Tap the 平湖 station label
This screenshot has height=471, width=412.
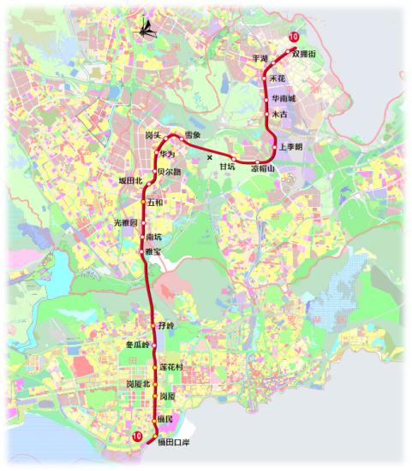point(260,58)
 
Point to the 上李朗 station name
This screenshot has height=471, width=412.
point(291,146)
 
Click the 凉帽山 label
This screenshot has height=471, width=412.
point(264,169)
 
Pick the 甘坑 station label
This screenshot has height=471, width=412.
point(227,167)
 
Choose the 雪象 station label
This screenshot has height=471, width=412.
point(193,135)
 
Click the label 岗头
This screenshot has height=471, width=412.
point(153,135)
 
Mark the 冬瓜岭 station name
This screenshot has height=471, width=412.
point(138,344)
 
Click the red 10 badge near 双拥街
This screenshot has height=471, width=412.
point(294,37)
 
